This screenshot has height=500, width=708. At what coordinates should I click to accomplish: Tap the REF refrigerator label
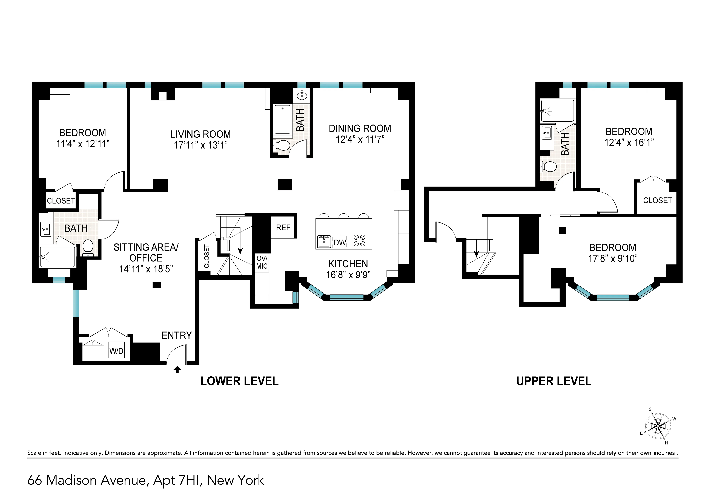pos(283,228)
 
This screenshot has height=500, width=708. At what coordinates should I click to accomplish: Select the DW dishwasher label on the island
pos(340,243)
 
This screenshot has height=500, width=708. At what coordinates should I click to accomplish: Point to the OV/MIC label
pos(262,263)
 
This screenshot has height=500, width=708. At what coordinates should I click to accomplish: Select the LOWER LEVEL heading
pos(239,381)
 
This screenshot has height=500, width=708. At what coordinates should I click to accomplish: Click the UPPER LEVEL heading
pos(554,381)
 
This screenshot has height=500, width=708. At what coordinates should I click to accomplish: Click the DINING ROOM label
pos(360,129)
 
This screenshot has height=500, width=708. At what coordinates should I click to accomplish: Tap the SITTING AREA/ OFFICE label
pos(146,253)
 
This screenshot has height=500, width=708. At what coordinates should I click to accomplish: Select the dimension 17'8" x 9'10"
pos(613,258)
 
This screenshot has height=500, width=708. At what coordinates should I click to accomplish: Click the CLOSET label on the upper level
pos(657,200)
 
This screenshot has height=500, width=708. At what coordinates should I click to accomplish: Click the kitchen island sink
pos(324,242)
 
